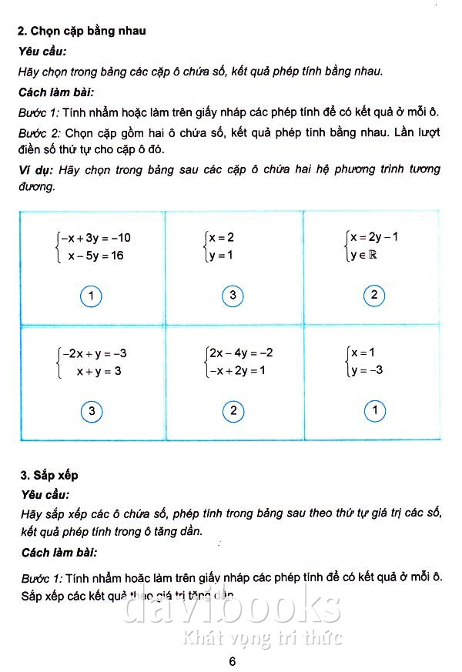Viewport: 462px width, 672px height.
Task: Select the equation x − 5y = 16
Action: tap(95, 256)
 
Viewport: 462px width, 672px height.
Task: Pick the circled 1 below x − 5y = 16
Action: tap(91, 296)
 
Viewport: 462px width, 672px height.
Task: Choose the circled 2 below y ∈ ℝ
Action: tap(374, 296)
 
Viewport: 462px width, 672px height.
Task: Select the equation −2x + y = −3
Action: tap(95, 354)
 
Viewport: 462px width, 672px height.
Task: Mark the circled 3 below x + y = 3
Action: tap(91, 412)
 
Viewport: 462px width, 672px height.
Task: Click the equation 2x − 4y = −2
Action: tap(239, 353)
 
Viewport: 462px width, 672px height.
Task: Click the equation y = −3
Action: tap(368, 371)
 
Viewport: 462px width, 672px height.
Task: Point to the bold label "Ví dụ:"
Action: tap(35, 169)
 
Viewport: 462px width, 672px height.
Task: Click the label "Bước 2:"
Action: tap(39, 132)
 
